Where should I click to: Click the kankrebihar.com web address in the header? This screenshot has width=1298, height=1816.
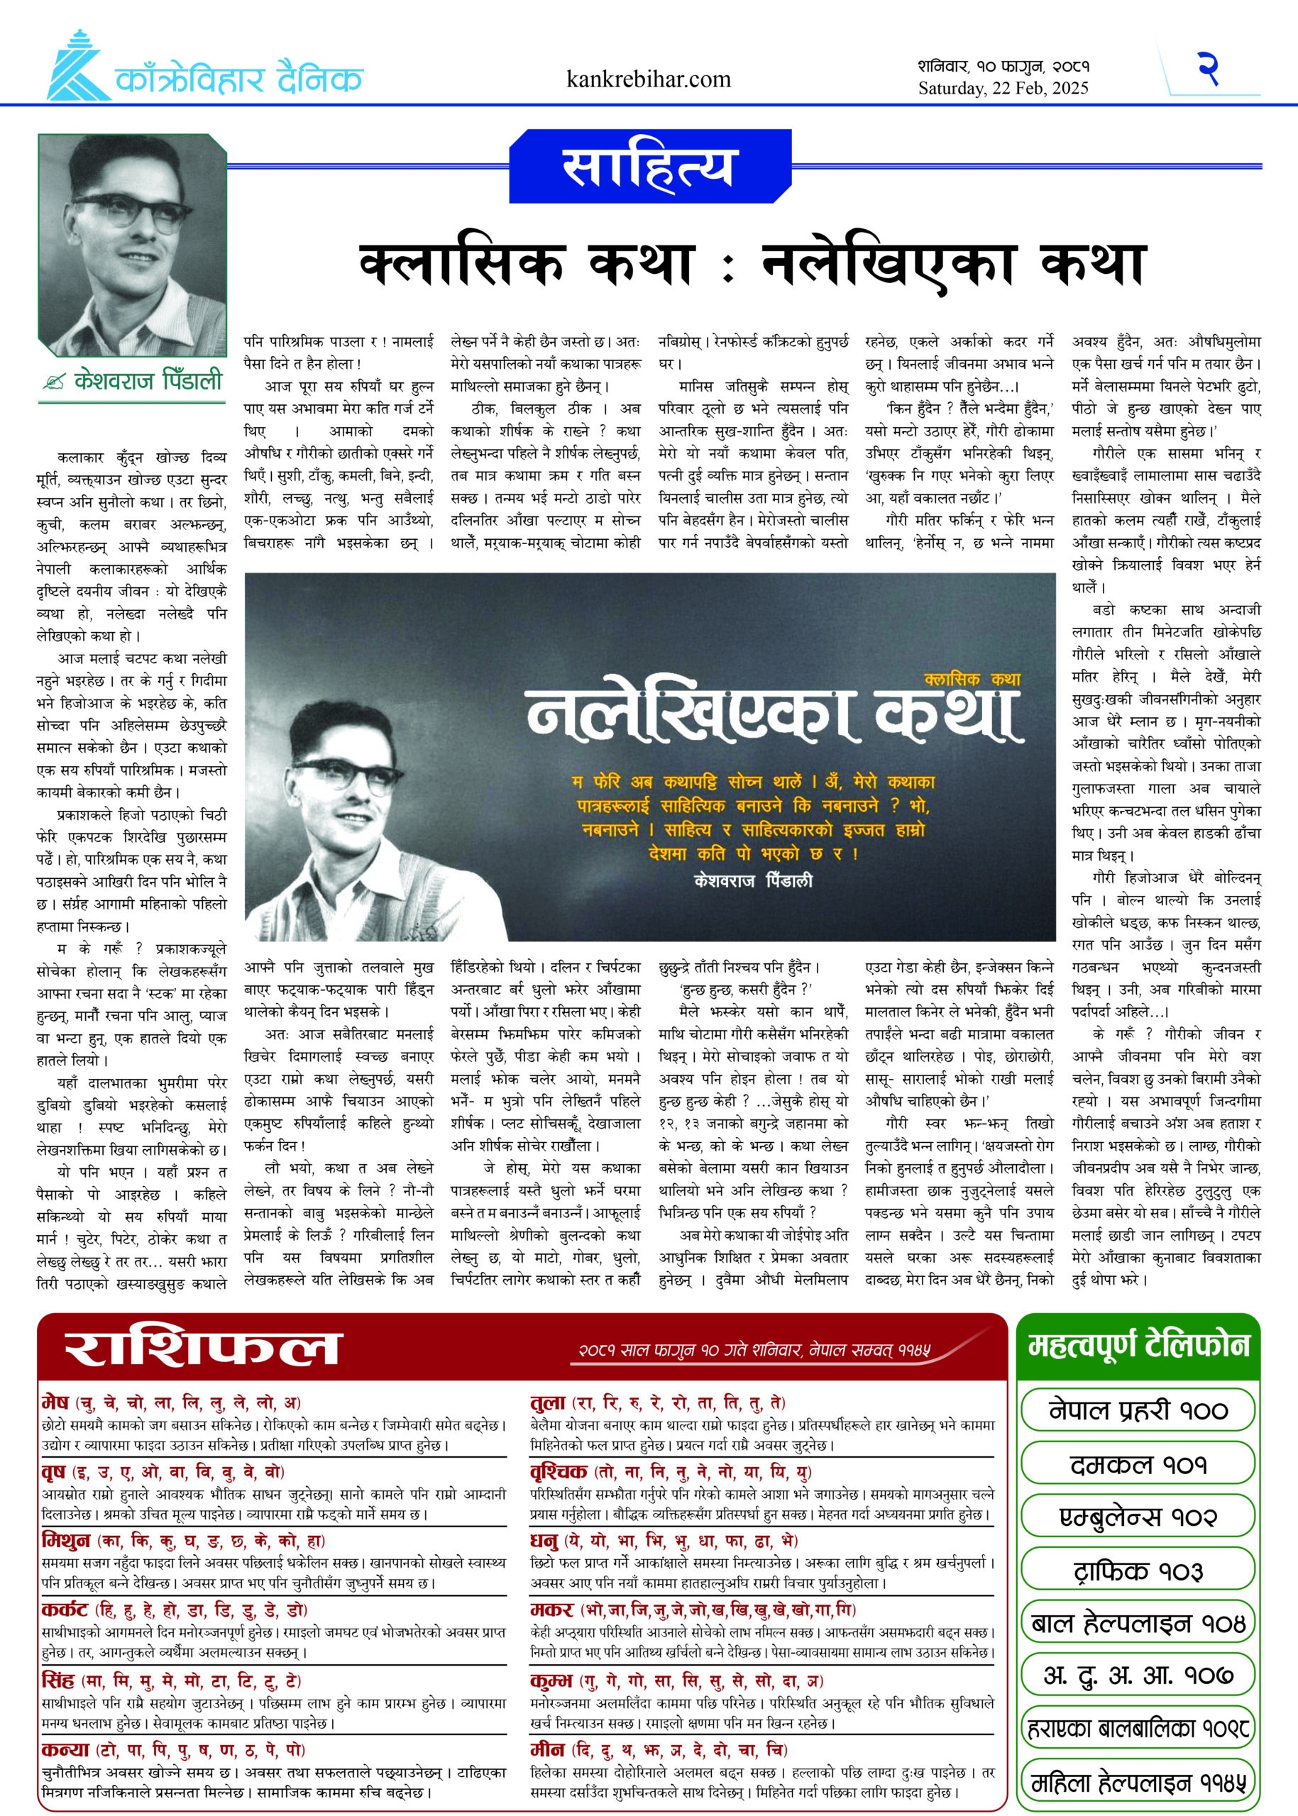tap(648, 79)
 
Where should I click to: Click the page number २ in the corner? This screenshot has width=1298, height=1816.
tap(1208, 69)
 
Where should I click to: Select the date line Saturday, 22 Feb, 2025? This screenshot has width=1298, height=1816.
tap(1003, 89)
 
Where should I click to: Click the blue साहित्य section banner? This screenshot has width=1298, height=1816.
tap(648, 165)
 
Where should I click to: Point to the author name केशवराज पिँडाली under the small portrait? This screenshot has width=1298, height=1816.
tap(148, 380)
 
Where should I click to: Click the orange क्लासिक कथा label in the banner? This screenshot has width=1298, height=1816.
tap(972, 679)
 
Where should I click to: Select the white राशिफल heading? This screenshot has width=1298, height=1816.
tap(204, 1349)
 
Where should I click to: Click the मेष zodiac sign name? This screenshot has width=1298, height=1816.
tap(56, 1402)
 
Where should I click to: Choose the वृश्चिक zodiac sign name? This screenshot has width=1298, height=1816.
tap(559, 1471)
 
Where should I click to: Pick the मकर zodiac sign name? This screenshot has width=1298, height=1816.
tap(551, 1609)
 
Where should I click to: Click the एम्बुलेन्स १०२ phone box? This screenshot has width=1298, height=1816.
tap(1137, 1517)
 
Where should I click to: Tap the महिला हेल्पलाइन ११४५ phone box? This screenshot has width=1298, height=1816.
tap(1137, 1783)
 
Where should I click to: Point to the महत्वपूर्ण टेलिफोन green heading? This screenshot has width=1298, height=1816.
tap(1138, 1346)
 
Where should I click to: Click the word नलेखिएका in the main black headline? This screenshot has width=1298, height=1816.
tap(888, 265)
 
